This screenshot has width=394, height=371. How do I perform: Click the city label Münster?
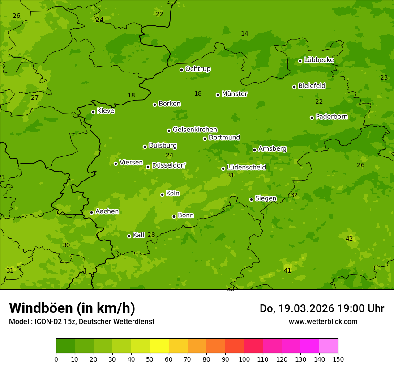(235, 94)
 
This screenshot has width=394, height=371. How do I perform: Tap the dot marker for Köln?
(162, 194)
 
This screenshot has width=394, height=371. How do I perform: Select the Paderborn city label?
(331, 117)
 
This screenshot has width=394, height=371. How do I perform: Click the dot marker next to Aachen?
(91, 212)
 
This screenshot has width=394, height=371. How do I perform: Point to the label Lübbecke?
(319, 60)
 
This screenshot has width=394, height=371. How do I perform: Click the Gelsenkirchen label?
(195, 130)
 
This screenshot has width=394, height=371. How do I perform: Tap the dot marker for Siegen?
(251, 199)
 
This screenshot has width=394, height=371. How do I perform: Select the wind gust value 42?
(349, 239)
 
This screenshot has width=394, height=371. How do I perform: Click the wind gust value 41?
(287, 270)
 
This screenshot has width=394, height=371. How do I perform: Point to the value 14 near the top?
(244, 34)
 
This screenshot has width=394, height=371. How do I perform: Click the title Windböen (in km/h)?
(72, 308)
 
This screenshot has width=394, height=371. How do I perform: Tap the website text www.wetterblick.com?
(323, 321)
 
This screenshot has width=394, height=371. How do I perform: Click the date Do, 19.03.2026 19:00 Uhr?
(322, 308)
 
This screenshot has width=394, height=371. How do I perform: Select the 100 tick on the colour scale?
(244, 359)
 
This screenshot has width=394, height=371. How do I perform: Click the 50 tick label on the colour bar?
(150, 359)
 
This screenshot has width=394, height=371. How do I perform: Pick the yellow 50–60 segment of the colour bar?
(159, 346)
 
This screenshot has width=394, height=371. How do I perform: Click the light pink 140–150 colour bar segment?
(329, 346)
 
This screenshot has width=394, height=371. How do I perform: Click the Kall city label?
(138, 235)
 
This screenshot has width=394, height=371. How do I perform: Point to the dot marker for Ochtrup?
(181, 70)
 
